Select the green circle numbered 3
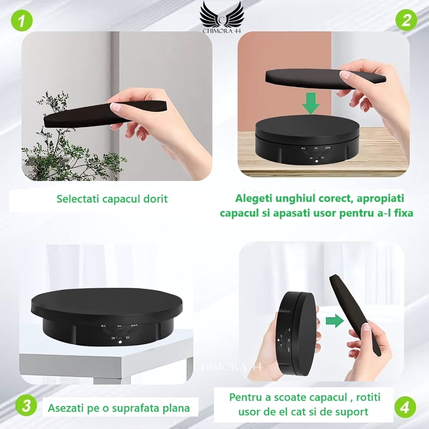(x=26, y=407)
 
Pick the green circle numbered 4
(x=405, y=407)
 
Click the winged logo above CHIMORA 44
(x=222, y=13)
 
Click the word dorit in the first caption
(x=155, y=199)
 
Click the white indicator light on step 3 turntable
(x=121, y=342)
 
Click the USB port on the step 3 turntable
(x=121, y=337)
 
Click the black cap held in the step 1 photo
(x=104, y=113)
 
